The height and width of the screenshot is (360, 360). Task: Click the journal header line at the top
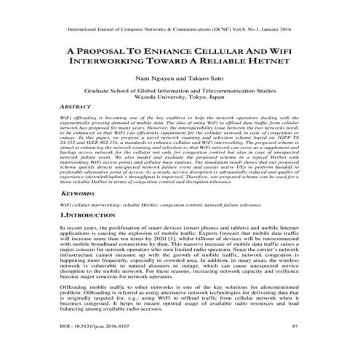coord(180,31)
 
